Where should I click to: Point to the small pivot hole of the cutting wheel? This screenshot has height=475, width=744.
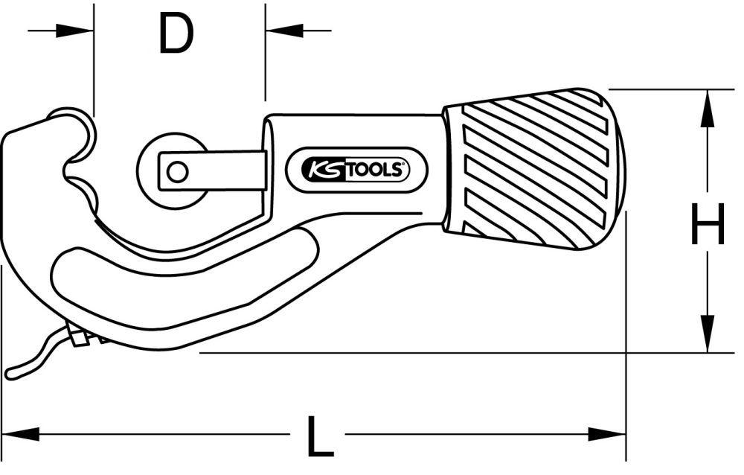coord(176,172)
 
